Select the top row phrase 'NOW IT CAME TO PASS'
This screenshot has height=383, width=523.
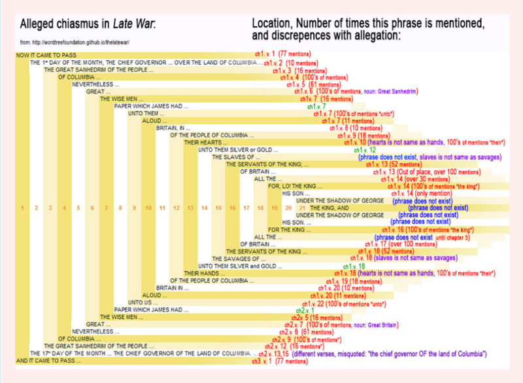point(43,55)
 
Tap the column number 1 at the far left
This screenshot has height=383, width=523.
point(22,208)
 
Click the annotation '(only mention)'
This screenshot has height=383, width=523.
point(431,193)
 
